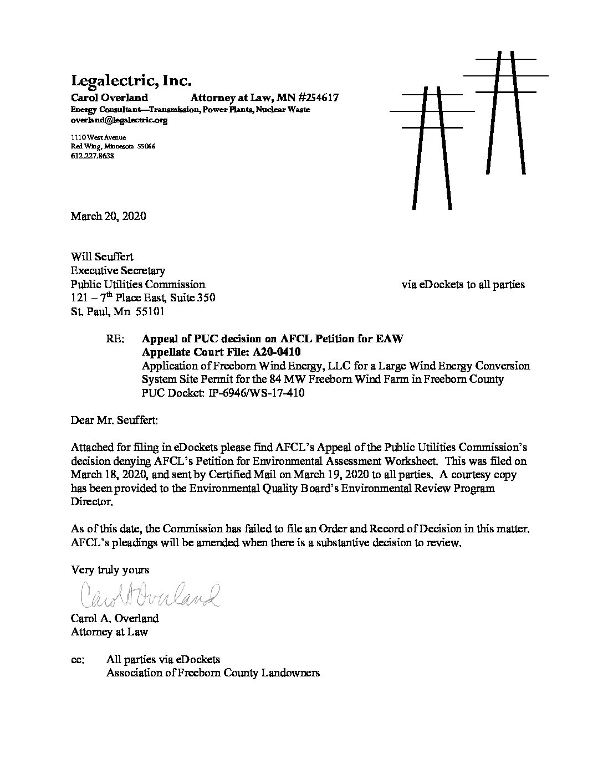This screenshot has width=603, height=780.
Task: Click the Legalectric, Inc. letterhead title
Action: pos(131,81)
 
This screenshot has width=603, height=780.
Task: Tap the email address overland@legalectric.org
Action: pos(119,120)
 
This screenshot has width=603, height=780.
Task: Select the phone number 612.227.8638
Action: pos(93,156)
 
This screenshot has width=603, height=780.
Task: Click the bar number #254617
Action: pos(310,98)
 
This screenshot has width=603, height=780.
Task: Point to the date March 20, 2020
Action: pos(108,216)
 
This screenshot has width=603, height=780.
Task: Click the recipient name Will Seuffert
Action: pos(102,257)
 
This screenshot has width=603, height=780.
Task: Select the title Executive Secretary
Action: pos(117,271)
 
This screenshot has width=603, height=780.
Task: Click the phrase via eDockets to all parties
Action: pos(463,285)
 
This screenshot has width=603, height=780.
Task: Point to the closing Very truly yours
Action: pos(110,569)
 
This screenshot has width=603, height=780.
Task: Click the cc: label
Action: pos(78,659)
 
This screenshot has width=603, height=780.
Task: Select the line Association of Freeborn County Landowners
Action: pos(213,673)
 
